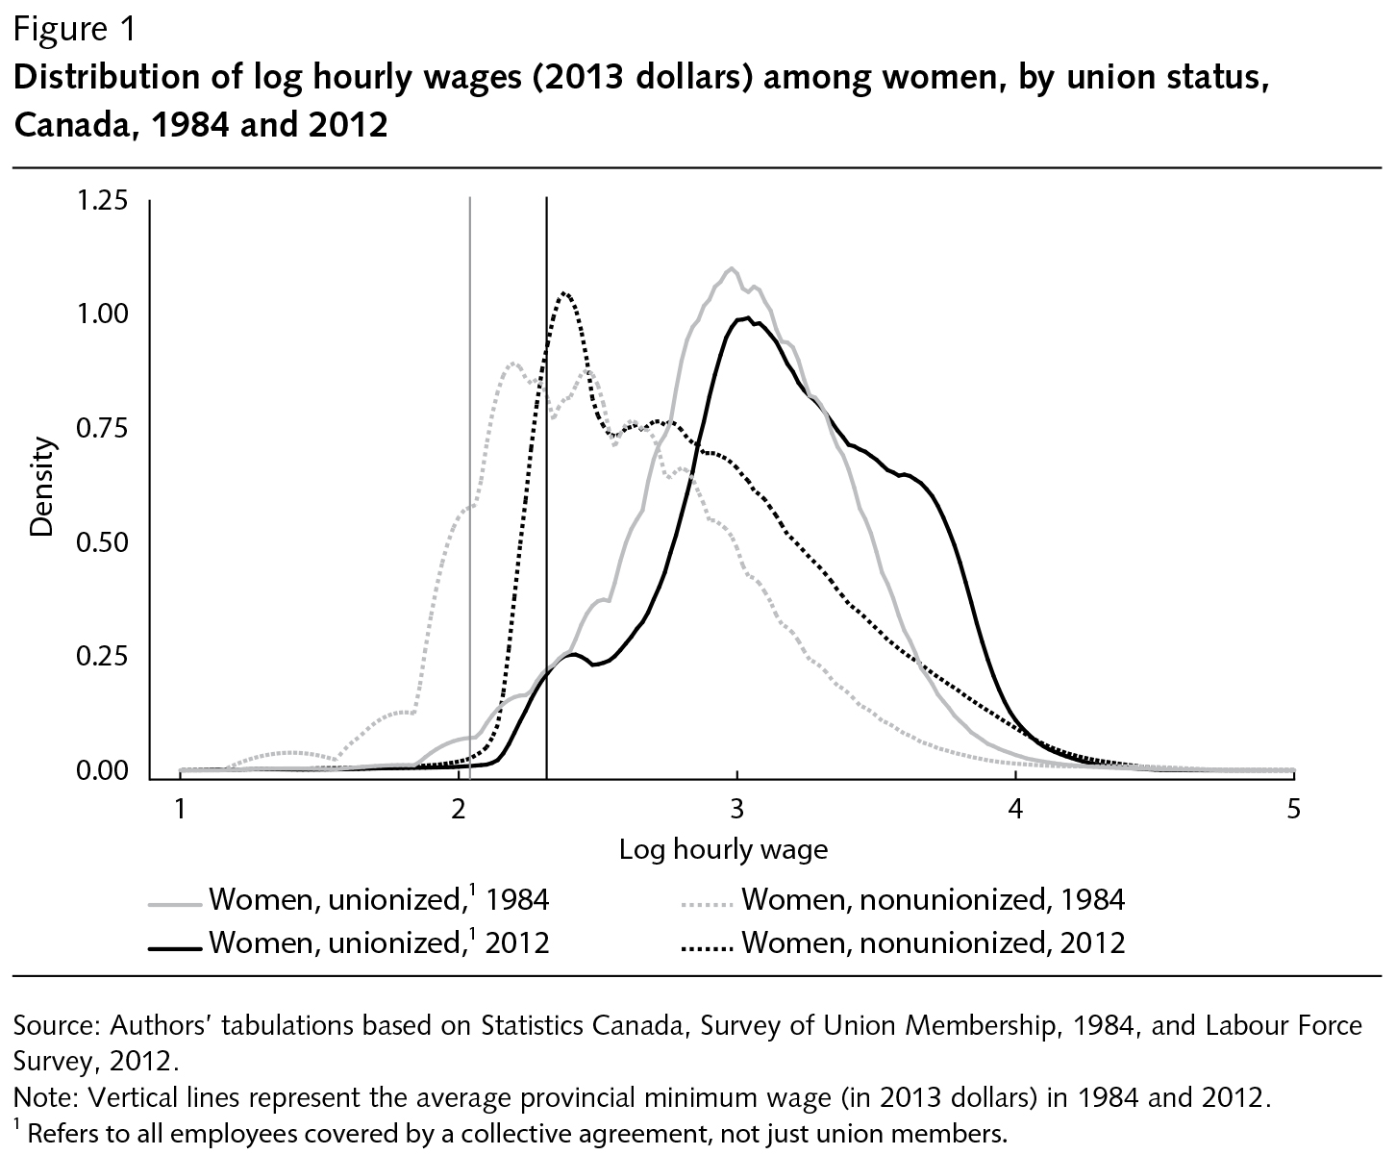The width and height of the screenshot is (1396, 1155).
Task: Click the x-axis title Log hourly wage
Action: (723, 849)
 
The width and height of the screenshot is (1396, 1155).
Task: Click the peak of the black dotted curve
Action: (565, 293)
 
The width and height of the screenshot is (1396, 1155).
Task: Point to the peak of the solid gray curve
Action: (732, 268)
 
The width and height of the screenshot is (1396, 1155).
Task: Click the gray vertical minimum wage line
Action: (469, 481)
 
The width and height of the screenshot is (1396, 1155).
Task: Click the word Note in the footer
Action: (39, 1097)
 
